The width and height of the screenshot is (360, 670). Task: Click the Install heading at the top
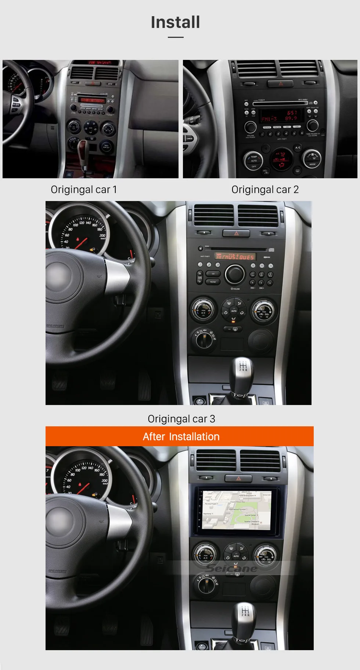(176, 22)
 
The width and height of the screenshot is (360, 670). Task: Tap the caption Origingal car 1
(84, 190)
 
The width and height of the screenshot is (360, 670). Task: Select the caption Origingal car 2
(265, 190)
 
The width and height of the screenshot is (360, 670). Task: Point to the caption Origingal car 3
(181, 419)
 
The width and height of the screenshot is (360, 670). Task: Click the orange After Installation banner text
(181, 437)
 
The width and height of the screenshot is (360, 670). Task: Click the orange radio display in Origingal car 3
(235, 256)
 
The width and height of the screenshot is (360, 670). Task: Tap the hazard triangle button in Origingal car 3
(236, 233)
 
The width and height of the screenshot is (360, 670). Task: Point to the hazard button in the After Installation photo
(238, 479)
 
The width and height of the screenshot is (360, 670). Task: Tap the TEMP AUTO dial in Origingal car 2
(253, 160)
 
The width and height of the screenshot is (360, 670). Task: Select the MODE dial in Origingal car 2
(312, 158)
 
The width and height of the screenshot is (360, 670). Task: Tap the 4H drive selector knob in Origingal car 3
(204, 339)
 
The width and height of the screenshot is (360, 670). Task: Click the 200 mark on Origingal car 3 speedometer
(102, 236)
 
